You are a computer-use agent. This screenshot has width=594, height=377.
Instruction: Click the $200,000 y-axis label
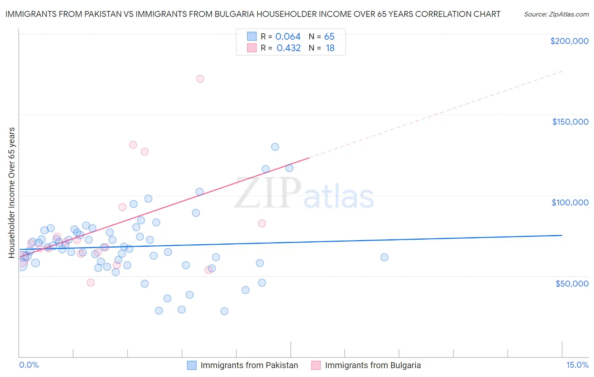569,41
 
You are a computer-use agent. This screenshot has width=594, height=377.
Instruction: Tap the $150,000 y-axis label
570,122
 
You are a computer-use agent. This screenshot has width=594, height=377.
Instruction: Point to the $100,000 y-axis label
570,202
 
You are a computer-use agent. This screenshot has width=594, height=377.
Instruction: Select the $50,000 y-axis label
572,284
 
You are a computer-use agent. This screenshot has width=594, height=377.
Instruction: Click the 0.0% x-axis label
29,365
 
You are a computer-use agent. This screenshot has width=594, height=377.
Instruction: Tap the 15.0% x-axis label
577,365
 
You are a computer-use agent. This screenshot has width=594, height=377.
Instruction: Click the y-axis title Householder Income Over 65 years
12,192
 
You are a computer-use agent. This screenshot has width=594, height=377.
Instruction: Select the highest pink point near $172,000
200,79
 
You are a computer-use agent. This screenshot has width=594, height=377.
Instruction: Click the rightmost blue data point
384,257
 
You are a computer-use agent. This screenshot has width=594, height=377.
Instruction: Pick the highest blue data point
275,147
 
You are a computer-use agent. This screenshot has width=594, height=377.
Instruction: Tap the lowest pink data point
91,283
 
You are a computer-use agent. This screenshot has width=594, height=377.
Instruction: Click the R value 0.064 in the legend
288,37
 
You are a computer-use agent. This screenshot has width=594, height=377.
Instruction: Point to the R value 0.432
289,48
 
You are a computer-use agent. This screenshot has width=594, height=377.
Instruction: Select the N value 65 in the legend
329,37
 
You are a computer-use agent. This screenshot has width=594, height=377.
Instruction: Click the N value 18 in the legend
330,48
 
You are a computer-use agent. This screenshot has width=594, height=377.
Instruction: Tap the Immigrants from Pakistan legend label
249,365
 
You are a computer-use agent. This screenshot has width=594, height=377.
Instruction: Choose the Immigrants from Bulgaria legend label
373,365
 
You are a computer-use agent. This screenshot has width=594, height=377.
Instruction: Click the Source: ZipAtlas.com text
556,14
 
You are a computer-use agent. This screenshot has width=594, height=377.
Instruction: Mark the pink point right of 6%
262,224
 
